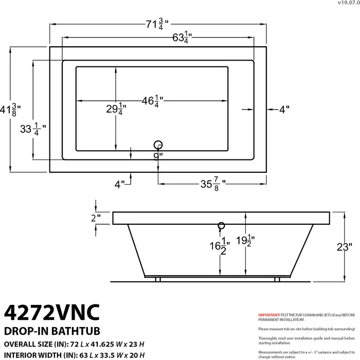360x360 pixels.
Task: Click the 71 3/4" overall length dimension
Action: [157, 24]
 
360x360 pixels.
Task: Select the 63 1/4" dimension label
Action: [157, 38]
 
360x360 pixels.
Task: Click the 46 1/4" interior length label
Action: [153, 101]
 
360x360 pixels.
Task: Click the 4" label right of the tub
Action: [284, 109]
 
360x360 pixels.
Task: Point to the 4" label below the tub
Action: [119, 184]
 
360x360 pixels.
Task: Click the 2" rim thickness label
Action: [96, 218]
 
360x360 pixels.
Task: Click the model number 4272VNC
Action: [52, 312]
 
